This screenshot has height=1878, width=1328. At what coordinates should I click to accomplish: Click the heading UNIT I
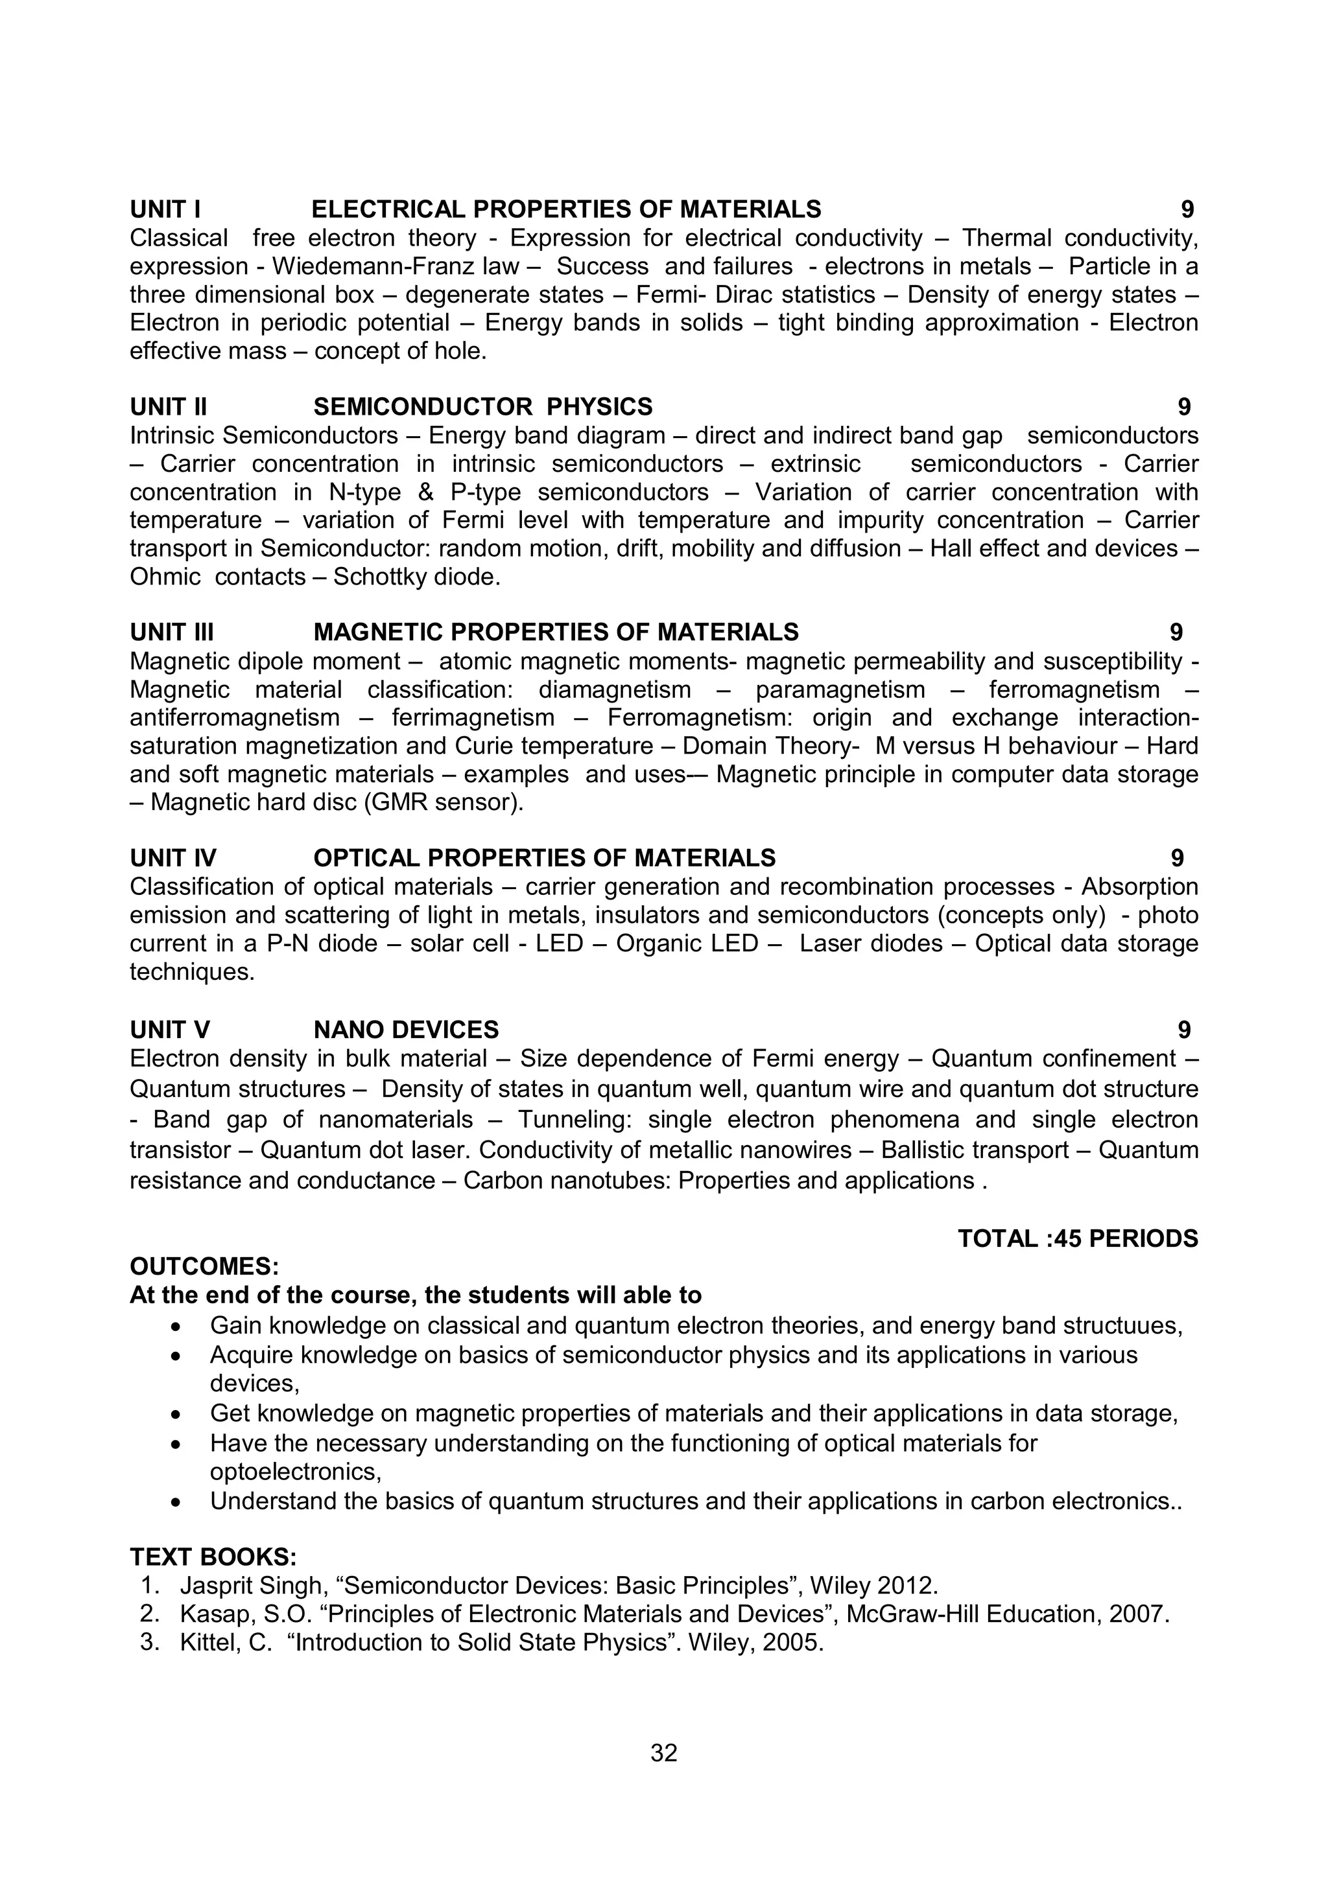click(165, 209)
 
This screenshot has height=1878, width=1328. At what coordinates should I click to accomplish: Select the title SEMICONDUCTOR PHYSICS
click(482, 406)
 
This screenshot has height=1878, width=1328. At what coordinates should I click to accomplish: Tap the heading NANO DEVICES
click(406, 1030)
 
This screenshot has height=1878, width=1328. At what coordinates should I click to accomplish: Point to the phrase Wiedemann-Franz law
click(395, 266)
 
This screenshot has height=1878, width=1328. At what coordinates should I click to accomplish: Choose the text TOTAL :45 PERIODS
click(1078, 1239)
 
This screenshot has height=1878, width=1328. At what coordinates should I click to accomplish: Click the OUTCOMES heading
click(204, 1267)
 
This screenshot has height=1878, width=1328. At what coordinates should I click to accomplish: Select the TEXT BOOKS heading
click(213, 1557)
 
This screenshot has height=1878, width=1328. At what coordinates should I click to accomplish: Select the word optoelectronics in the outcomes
click(294, 1472)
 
